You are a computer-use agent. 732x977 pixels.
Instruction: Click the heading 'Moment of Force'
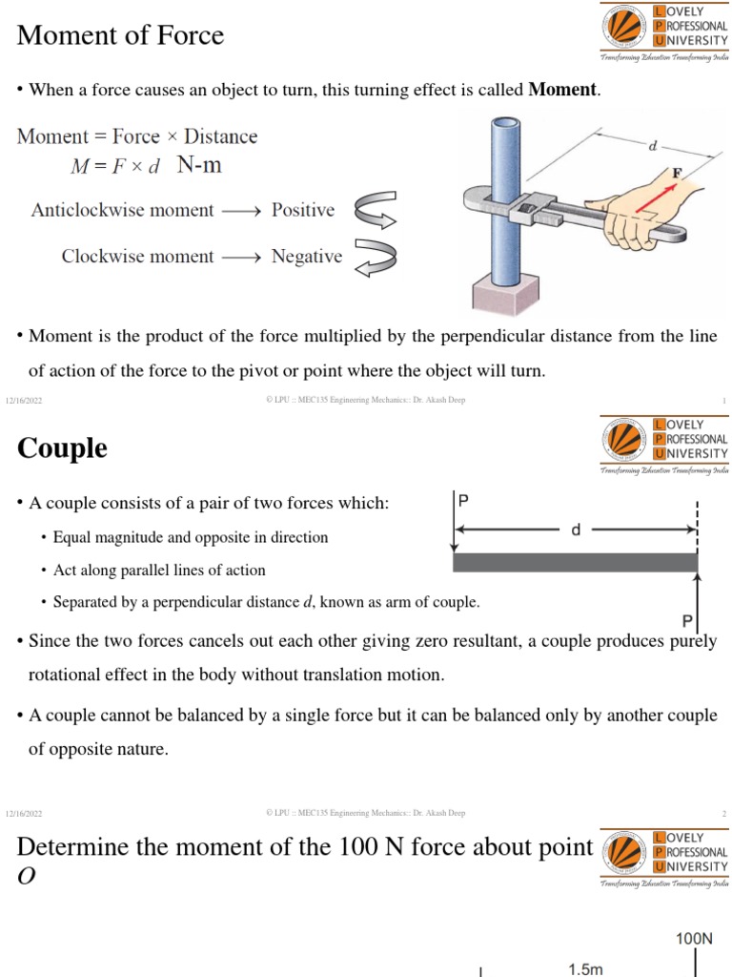(120, 35)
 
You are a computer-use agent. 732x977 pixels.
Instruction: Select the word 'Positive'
(303, 210)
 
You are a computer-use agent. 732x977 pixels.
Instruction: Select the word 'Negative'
(306, 256)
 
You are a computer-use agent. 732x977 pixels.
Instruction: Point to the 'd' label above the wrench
(652, 147)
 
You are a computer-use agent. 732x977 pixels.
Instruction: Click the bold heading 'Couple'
(62, 448)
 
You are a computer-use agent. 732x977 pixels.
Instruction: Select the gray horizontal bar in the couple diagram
(575, 563)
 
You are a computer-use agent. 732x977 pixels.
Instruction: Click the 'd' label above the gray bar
(576, 530)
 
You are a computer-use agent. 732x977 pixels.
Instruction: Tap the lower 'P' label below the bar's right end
(686, 622)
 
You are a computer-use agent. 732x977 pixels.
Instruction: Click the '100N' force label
(694, 939)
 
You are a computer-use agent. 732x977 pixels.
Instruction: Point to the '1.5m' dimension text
(586, 969)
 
